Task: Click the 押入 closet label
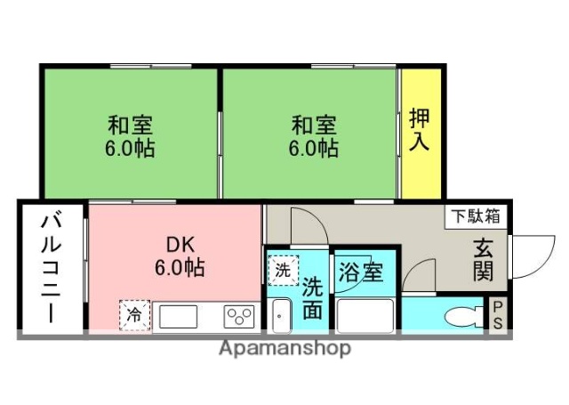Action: [x=420, y=130]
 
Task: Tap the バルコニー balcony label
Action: [x=51, y=268]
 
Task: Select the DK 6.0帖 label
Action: [x=174, y=255]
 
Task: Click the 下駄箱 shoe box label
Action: [x=474, y=215]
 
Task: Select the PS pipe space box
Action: [x=498, y=315]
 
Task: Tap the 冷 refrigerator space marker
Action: [x=134, y=313]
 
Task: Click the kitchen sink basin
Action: [x=180, y=316]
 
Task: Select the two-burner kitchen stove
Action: [x=238, y=316]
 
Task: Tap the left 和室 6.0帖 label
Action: [x=131, y=136]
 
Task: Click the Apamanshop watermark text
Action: [x=284, y=348]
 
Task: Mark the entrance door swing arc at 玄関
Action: [x=531, y=258]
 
